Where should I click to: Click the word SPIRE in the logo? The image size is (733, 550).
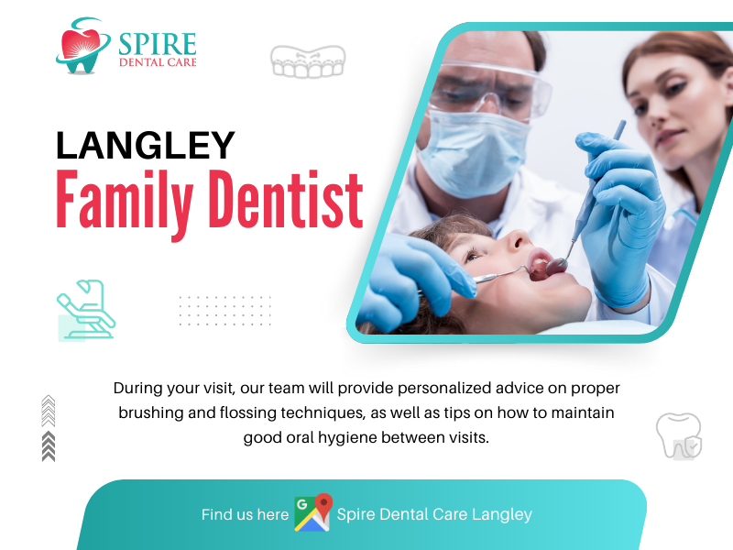pos(157,44)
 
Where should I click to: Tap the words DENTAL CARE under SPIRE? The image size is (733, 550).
pos(158,62)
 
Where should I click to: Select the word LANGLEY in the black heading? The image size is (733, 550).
pos(145,146)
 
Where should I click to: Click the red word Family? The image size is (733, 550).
pos(125,202)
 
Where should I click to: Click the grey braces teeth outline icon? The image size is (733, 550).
pos(308,61)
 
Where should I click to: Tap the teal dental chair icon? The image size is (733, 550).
pos(86,309)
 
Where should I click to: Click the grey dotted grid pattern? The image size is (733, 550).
pos(224,311)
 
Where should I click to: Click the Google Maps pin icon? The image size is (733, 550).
pos(313,512)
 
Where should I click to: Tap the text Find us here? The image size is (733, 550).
pos(245,514)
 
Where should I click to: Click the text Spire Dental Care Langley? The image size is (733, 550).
pos(434,514)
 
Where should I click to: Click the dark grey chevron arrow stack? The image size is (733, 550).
pos(49,446)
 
